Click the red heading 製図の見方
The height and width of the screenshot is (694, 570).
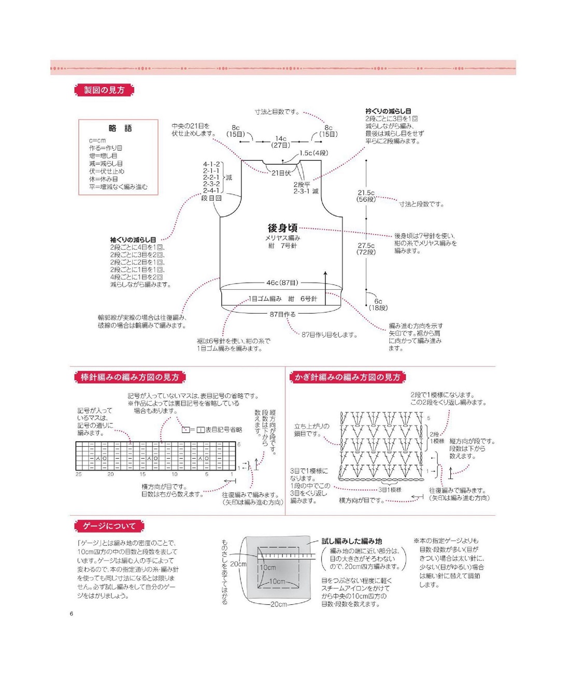coord(104,90)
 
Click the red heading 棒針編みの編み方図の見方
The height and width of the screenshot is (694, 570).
coord(130,377)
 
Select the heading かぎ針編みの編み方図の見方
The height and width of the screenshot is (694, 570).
coord(347,377)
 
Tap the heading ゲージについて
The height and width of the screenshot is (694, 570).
coord(109,526)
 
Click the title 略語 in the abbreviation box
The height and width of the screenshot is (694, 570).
coord(120,128)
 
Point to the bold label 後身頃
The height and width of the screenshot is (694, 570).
coord(282,228)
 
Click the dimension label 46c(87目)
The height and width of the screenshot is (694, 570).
coord(282,283)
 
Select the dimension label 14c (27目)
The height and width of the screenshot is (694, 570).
coord(280,141)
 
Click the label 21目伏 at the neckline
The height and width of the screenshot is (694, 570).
coord(281,173)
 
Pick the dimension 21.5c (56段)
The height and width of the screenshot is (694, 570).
coord(366,196)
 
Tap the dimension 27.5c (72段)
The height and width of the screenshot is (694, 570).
coord(366,249)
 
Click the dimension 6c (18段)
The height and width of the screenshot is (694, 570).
coord(378,304)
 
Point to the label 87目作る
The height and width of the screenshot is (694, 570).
coord(282,314)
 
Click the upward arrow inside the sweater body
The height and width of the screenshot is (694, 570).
coord(325,285)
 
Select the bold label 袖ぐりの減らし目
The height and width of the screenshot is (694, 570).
coord(133,239)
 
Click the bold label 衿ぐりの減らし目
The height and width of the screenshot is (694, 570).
coord(388,111)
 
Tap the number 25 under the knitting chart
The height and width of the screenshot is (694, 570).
coord(79,474)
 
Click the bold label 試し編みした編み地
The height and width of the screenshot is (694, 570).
coord(352,541)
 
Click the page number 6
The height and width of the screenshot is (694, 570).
coord(72,614)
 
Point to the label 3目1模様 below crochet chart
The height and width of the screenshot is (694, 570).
coord(390,490)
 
